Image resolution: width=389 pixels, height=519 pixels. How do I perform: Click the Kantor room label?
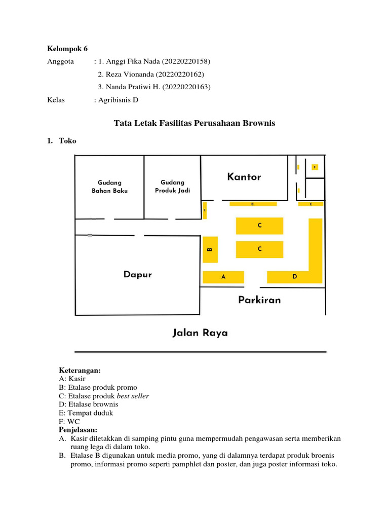pos(244,177)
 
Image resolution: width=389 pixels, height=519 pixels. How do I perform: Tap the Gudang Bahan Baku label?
pos(109,187)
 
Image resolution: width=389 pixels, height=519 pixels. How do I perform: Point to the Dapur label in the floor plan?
pos(137,275)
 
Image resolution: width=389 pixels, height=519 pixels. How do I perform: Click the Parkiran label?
pos(259,300)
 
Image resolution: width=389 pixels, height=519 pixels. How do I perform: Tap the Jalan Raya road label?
pos(200,333)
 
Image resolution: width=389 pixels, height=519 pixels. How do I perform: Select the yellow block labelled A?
pos(223,277)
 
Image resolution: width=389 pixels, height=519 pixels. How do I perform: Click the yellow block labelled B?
pos(210,249)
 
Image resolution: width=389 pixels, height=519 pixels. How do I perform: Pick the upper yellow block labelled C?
pos(259,226)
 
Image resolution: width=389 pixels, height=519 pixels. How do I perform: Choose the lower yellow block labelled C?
pos(259,249)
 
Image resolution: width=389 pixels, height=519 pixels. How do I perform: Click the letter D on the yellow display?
pos(294,277)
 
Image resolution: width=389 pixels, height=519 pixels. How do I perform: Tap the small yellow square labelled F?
pos(315,167)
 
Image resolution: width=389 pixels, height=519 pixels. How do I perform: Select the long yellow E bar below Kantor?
pos(253,204)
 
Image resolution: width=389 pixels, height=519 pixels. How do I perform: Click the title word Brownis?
pos(258,123)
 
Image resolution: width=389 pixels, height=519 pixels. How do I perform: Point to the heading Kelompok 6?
pos(67,49)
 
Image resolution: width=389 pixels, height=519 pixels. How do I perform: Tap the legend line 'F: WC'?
pos(69,421)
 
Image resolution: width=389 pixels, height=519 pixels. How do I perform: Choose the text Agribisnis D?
pos(118,100)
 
